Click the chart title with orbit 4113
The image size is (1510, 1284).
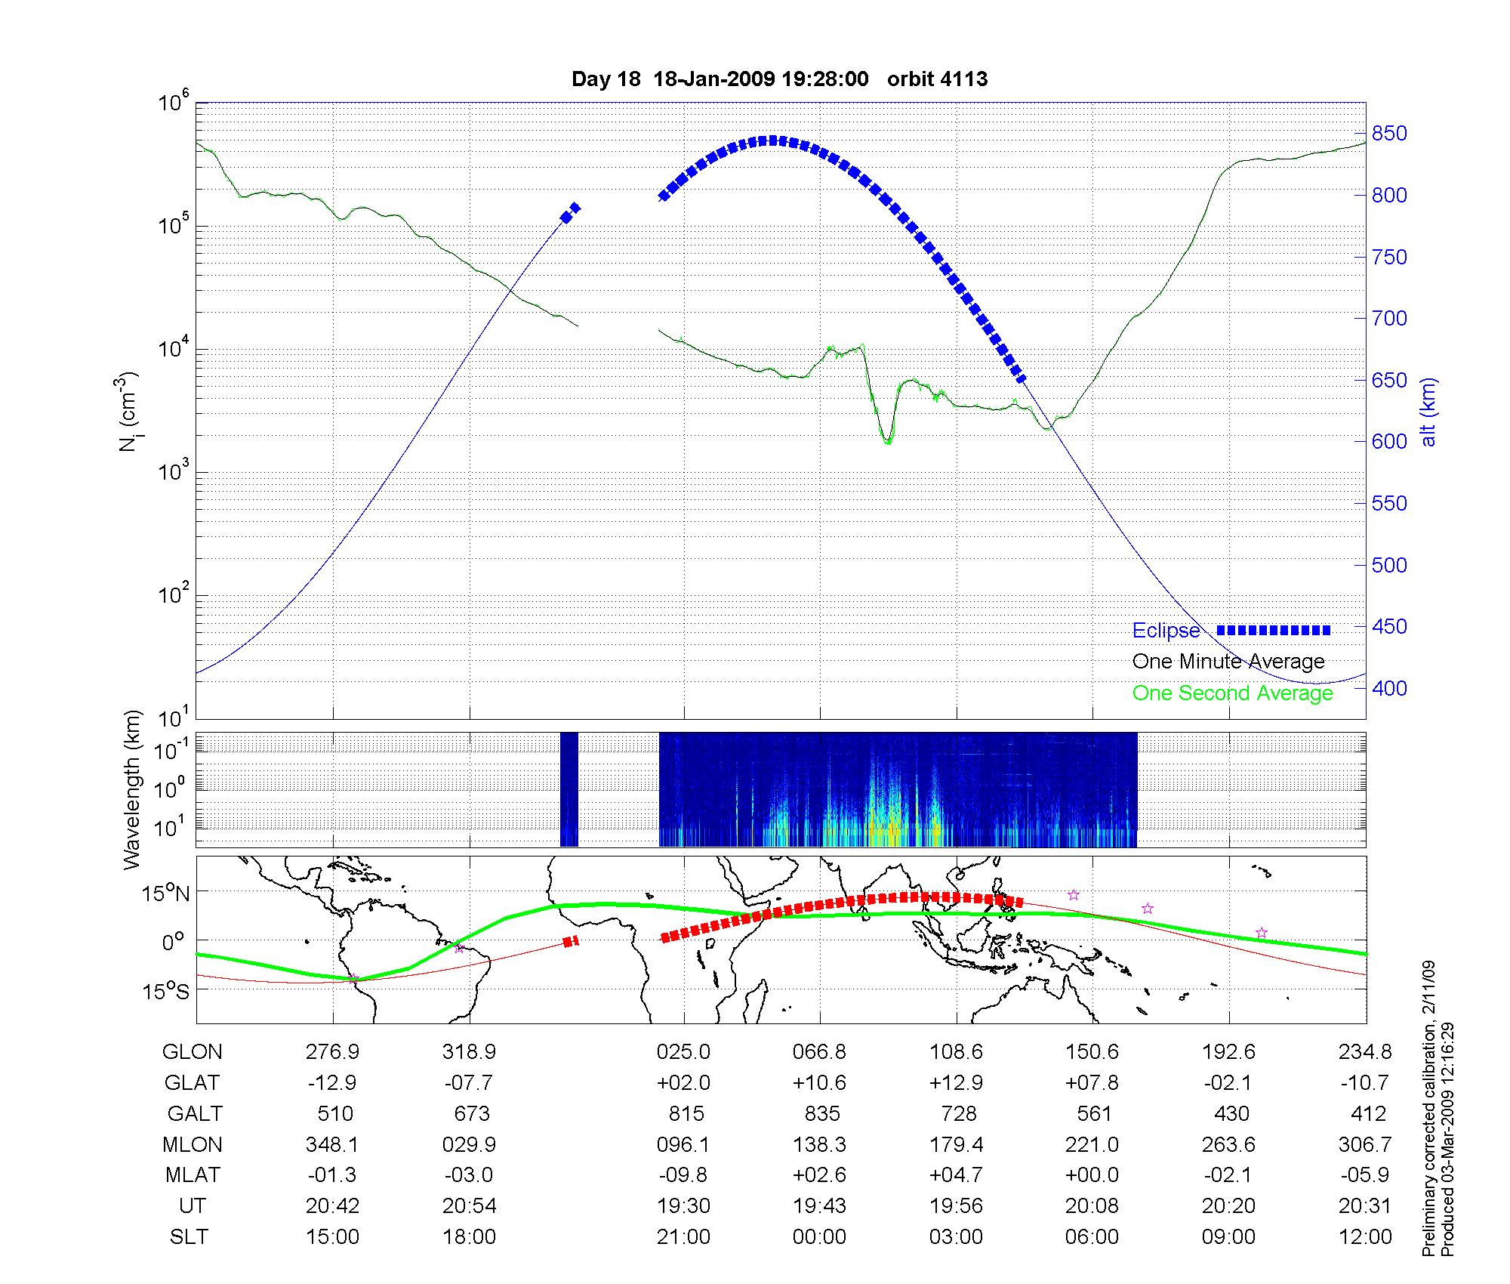[779, 79]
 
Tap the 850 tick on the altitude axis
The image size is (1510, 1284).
[1389, 134]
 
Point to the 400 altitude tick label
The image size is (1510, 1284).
[1389, 688]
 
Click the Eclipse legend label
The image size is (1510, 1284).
[1166, 631]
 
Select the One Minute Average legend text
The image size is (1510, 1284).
[1228, 662]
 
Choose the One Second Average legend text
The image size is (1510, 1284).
[1232, 693]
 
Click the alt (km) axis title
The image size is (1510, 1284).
[1428, 412]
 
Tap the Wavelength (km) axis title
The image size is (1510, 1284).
[133, 790]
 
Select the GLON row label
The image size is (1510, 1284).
[193, 1052]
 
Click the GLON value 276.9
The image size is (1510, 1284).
[332, 1052]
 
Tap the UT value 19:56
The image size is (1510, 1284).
[957, 1206]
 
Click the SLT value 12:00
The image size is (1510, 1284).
[1365, 1237]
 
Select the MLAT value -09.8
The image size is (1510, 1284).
[683, 1175]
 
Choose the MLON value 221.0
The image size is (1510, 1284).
[1092, 1145]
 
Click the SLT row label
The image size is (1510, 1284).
[189, 1237]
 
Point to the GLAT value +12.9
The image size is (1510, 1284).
[957, 1083]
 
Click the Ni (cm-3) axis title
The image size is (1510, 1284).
[128, 412]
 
